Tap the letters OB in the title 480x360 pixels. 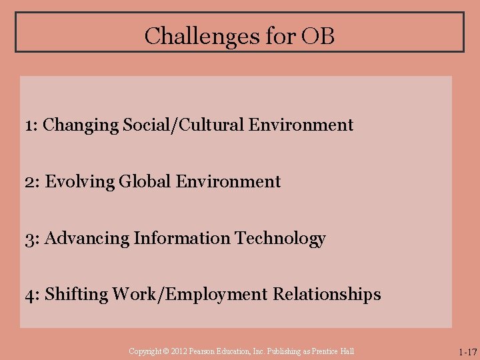tap(318, 35)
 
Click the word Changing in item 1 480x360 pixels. tap(81, 125)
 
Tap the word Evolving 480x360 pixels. tap(80, 181)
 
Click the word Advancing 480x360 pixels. tap(87, 238)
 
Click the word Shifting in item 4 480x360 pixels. tap(77, 295)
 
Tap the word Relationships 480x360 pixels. tap(326, 295)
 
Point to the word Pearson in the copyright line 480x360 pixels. tap(203, 351)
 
